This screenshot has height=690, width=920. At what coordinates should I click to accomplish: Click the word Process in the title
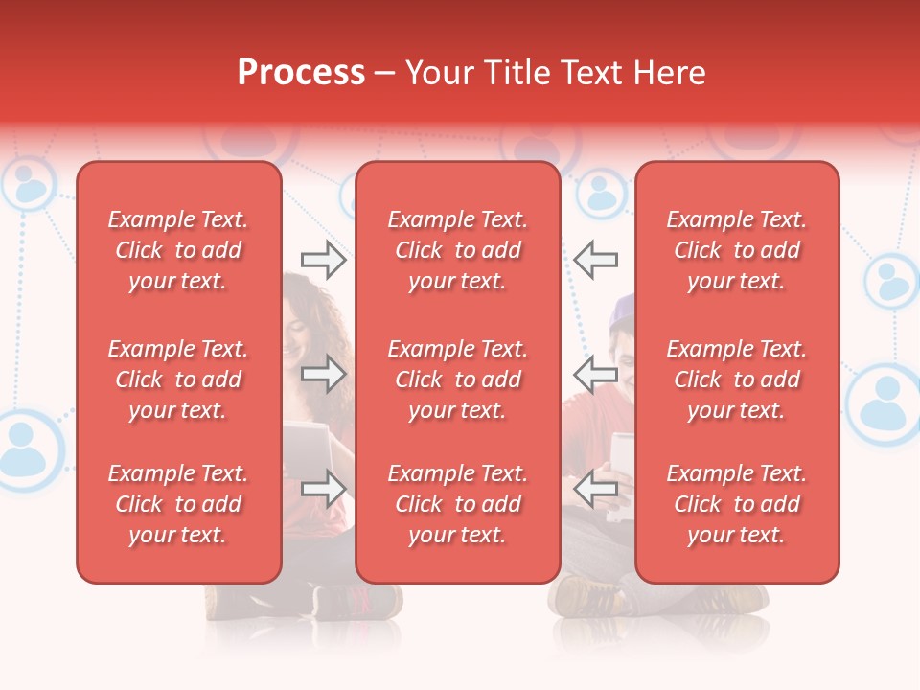point(301,73)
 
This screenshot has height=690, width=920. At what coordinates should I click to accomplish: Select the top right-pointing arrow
point(323,260)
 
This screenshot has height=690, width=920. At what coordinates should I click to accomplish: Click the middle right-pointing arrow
point(323,374)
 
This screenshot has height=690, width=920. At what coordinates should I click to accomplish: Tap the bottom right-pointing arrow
point(323,489)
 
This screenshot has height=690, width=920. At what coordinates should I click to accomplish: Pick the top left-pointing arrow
point(596,260)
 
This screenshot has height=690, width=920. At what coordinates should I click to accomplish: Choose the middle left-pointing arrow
point(596,374)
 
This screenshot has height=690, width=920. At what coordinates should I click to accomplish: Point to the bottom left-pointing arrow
point(596,489)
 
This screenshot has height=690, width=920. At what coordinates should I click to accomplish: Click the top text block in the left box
point(178,250)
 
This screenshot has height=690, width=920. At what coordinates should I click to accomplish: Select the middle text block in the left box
point(178,379)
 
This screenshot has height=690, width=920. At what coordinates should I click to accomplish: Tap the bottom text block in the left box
point(178,504)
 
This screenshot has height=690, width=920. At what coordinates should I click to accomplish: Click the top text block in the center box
point(457,250)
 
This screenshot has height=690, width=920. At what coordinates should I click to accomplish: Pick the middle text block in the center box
point(457,379)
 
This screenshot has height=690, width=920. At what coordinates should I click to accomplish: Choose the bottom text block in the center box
point(457,504)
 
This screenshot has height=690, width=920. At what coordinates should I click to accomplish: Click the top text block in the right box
point(736,250)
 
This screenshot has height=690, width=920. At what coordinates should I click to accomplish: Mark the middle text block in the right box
point(736,379)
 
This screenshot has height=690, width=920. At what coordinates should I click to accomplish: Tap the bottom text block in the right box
point(736,504)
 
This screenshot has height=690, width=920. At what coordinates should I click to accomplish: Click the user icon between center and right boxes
point(601,193)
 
